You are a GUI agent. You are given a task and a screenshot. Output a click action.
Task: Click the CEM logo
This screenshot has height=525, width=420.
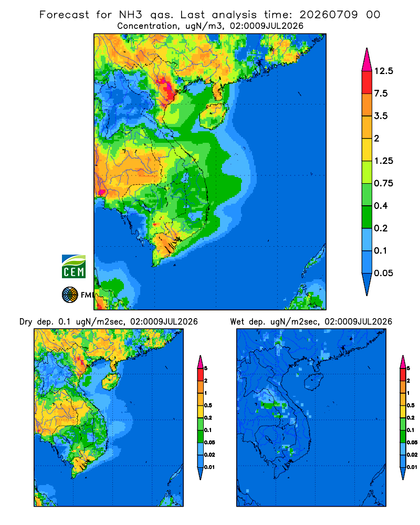coord(73,266)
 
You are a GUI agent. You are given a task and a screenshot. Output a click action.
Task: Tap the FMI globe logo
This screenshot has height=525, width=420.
coord(70,295)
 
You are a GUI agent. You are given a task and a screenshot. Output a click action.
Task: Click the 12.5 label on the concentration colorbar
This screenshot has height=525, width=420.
coord(383,71)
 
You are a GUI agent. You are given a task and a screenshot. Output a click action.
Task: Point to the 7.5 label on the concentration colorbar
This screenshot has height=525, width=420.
coord(381,93)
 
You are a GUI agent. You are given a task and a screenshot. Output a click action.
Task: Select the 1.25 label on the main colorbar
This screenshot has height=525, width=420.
coord(383,161)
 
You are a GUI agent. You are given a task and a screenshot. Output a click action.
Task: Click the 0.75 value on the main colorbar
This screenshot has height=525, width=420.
coord(383,183)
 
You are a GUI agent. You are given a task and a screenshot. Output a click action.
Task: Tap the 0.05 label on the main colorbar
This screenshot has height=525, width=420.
coord(383,273)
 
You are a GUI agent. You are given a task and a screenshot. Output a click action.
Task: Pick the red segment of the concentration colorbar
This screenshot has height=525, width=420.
coord(367,82)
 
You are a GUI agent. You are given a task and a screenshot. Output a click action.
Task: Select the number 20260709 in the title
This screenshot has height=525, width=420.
coord(329,15)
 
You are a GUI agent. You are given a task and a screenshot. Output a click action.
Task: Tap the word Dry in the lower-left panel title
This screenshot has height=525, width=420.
coord(26,322)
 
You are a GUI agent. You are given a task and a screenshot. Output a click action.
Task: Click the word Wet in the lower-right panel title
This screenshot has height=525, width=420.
coord(237,322)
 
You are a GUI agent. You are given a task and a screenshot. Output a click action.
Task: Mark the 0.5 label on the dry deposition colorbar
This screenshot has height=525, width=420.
coord(208,405)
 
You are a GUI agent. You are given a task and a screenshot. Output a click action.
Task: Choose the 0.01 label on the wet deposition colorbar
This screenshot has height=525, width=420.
coord(413,467)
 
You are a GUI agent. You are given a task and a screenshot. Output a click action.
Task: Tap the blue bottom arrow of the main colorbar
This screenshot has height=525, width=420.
coord(367,284)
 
